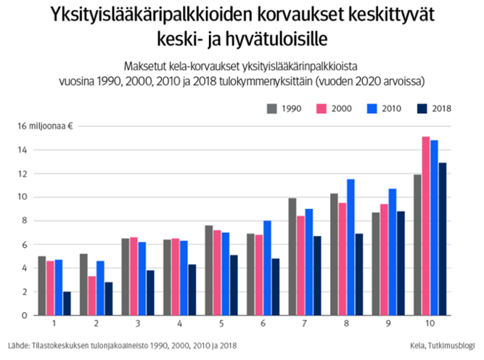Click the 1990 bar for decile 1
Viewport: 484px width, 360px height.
[x=42, y=286]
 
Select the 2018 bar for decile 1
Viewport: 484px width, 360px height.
[x=67, y=303]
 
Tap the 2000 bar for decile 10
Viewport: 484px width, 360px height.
[x=426, y=226]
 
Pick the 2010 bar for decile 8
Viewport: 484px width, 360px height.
[x=351, y=247]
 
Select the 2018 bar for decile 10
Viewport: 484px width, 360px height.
[x=443, y=239]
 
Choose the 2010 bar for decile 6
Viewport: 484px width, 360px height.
[x=268, y=268]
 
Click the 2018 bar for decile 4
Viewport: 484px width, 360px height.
[x=192, y=290]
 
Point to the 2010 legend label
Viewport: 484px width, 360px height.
[x=392, y=108]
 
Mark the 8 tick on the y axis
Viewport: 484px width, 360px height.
[x=23, y=221]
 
